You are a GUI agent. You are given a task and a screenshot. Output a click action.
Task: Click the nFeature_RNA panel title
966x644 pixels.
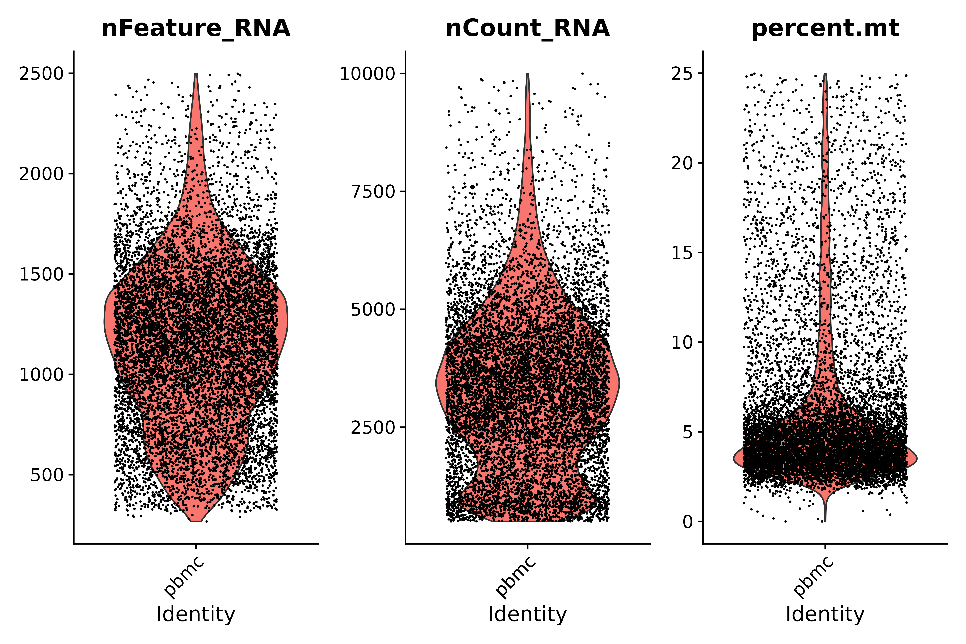click(x=196, y=29)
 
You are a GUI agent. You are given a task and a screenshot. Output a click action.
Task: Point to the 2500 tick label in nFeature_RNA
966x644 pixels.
click(x=42, y=74)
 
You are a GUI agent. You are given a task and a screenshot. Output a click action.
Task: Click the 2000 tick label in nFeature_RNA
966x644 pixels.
click(x=42, y=174)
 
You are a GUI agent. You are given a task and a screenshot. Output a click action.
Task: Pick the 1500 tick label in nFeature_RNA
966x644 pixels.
click(x=42, y=274)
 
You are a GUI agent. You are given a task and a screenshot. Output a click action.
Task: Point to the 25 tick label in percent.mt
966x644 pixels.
click(x=681, y=74)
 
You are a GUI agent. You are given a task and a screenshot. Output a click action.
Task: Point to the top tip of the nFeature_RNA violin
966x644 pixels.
click(x=196, y=74)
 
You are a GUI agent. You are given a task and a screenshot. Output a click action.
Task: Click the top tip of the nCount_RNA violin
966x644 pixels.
click(x=528, y=74)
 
